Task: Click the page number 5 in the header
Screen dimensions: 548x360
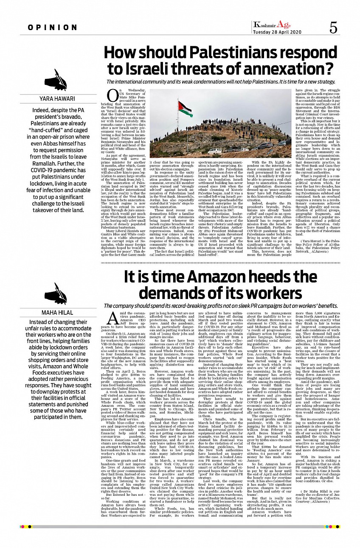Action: (333, 28)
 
